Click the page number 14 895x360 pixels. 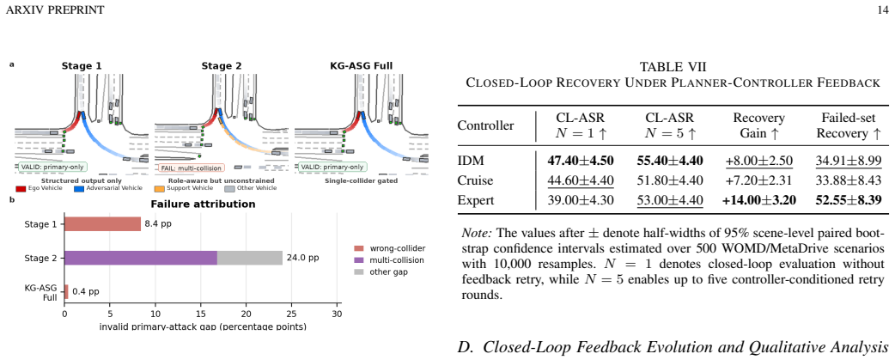click(x=884, y=9)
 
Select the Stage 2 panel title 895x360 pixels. click(x=222, y=65)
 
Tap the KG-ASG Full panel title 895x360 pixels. click(x=361, y=65)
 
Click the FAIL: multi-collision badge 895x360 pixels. click(x=192, y=168)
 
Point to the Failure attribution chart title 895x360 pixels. click(x=203, y=204)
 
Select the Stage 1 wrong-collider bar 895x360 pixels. click(x=102, y=223)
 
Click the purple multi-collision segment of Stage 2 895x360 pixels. click(x=140, y=258)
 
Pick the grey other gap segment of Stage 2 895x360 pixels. click(x=249, y=258)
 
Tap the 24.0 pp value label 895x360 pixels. click(x=302, y=258)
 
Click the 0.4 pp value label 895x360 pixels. click(x=85, y=291)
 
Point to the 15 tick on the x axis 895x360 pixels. click(x=200, y=313)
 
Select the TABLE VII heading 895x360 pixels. click(x=673, y=67)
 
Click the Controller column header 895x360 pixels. click(x=486, y=126)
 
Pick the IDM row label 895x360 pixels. click(x=469, y=161)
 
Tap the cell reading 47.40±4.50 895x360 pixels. click(x=580, y=161)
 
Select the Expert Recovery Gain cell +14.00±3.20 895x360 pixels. click(x=758, y=200)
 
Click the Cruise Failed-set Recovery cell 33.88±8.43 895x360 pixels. click(x=849, y=180)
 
